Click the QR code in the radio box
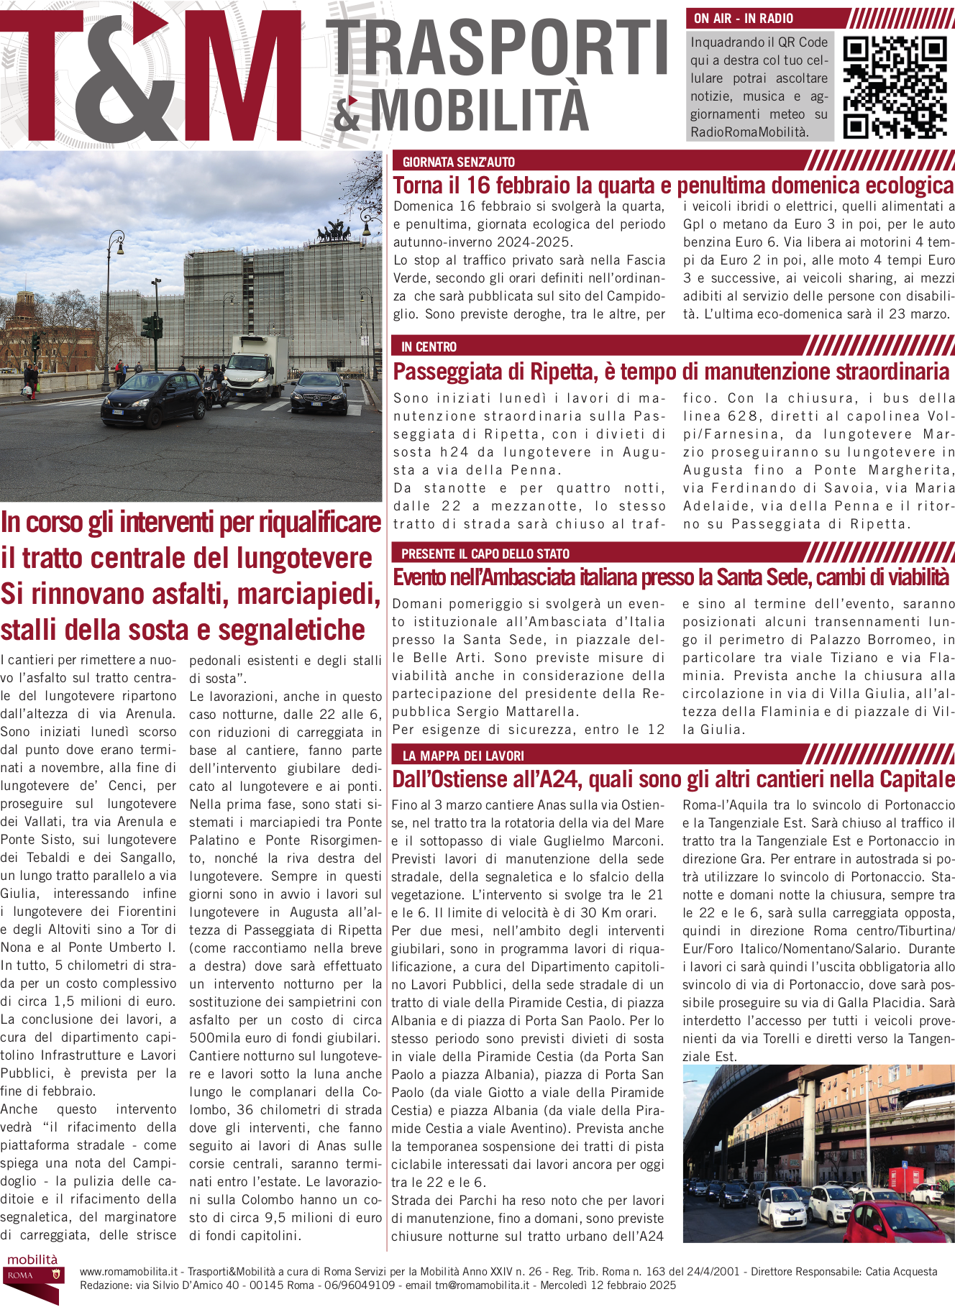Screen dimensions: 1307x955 coord(895,87)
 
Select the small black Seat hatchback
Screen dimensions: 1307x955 coord(155,396)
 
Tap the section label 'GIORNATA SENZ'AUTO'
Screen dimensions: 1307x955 coord(458,162)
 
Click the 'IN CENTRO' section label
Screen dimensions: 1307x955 coord(429,347)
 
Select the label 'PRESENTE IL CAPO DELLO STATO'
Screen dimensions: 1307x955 coord(485,554)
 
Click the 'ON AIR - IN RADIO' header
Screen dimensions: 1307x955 coord(744,18)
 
